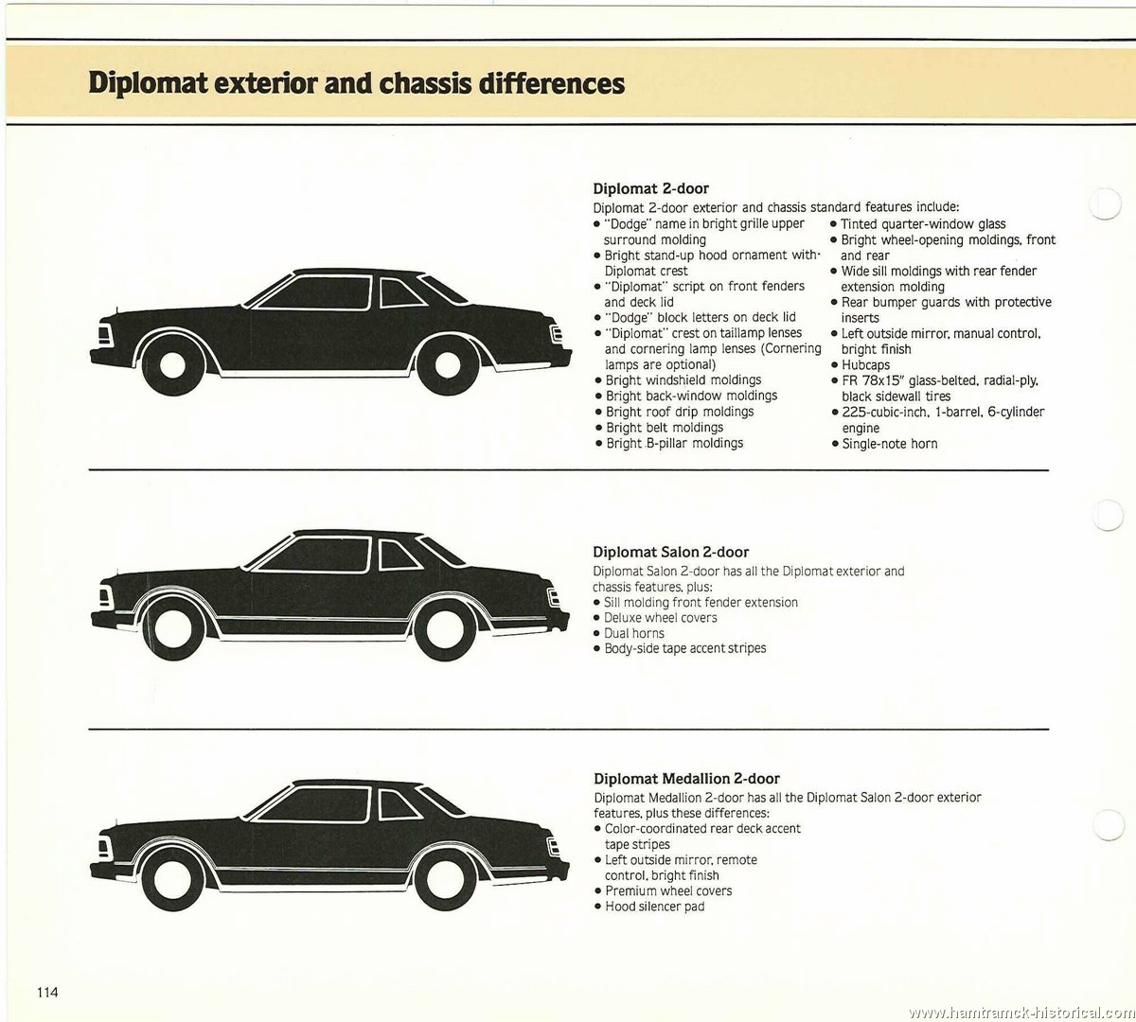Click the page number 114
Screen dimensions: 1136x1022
47,992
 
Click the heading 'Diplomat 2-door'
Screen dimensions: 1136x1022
650,188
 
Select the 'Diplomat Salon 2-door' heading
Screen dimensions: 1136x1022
670,552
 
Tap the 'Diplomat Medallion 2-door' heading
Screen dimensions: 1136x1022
686,779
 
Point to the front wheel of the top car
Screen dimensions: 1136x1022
170,364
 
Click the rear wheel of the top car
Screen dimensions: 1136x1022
446,364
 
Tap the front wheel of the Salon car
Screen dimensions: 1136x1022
169,629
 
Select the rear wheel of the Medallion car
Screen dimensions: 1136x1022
442,882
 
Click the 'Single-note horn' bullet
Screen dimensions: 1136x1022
884,444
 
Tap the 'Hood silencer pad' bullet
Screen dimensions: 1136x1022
649,907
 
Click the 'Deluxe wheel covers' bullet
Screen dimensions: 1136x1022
655,618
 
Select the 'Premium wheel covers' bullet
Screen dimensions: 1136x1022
663,890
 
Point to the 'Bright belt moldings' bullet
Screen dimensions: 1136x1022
659,428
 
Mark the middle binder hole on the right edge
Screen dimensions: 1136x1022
1107,514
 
